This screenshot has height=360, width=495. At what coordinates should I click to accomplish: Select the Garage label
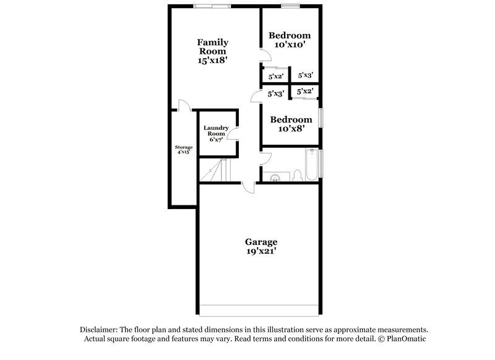(x=260, y=242)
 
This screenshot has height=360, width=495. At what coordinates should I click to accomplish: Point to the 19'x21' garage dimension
(x=260, y=252)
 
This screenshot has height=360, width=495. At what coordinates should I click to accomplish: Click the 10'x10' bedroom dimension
(x=289, y=45)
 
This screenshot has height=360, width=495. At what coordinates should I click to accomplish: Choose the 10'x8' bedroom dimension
(x=289, y=129)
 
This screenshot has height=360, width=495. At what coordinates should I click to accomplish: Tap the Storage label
(x=184, y=148)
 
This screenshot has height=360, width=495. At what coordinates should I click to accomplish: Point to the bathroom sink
(x=276, y=178)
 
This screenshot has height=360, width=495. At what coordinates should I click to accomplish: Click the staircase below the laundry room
(x=213, y=170)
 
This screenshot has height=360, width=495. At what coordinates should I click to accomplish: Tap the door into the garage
(x=249, y=187)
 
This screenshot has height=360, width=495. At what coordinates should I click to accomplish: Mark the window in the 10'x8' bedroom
(x=322, y=118)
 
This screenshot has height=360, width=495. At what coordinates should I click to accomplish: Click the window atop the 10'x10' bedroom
(x=290, y=7)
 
